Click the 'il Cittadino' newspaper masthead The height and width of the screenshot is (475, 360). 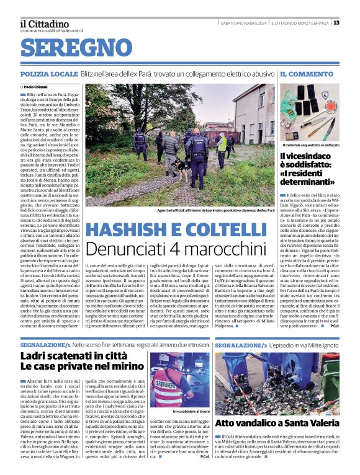click(x=44, y=23)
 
